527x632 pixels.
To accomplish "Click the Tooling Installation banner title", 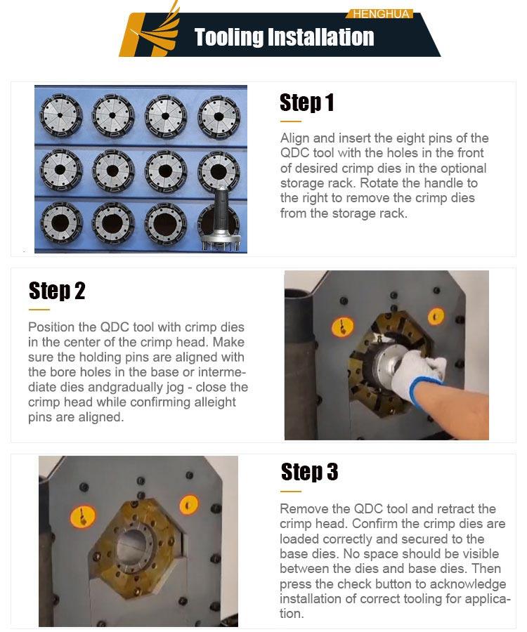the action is coord(285,37).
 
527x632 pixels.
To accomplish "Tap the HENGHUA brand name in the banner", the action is coord(381,14).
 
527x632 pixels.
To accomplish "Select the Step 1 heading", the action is coord(307,103).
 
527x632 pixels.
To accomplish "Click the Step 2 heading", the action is coord(57,291).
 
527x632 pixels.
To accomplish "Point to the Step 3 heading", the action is coord(309,472).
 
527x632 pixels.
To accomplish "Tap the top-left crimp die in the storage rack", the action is coord(60,116).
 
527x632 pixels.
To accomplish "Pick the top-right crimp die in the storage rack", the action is coord(219,117).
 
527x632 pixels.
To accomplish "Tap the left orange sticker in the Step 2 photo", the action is coord(342,327).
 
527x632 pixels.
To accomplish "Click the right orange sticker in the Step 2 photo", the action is coord(436,317).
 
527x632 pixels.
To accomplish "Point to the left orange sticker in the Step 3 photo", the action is coord(83,516).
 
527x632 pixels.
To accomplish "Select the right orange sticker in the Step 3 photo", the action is coord(188,505).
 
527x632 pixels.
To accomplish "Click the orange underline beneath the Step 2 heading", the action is coord(39,310).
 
